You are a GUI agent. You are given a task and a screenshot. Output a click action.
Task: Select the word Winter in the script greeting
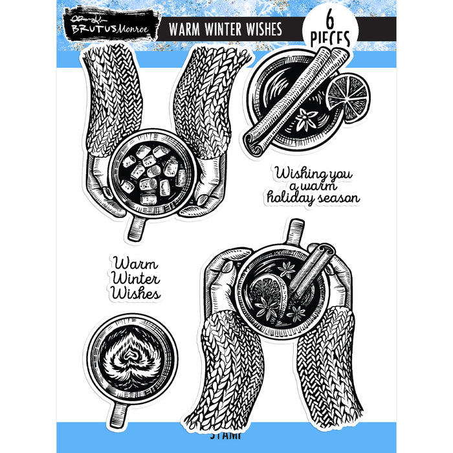pos(135,279)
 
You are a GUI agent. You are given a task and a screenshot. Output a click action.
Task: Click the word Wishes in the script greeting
pos(135,294)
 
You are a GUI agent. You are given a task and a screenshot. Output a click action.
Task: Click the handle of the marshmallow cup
pos(138,226)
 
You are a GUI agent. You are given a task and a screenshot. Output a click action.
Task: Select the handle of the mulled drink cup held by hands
pos(295,230)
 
